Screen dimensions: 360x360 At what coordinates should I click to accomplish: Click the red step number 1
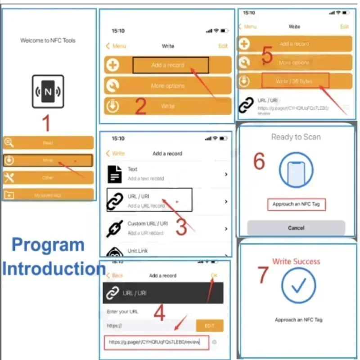click(x=46, y=123)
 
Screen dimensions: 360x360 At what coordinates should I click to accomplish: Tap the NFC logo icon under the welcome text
click(x=48, y=92)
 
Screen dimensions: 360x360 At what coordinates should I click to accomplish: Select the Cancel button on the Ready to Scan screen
click(x=296, y=228)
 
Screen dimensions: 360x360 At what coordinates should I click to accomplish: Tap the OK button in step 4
click(x=214, y=275)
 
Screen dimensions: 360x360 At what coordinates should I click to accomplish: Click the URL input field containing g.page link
click(x=157, y=342)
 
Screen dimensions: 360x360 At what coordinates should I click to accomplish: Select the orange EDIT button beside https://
click(x=210, y=325)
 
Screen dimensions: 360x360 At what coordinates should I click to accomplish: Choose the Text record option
click(x=166, y=174)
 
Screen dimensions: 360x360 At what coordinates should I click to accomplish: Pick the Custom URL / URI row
click(x=166, y=228)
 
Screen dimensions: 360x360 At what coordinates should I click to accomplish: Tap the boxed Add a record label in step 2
click(x=170, y=65)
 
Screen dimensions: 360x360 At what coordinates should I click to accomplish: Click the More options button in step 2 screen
click(x=168, y=85)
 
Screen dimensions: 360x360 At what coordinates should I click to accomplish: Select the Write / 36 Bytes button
click(x=295, y=81)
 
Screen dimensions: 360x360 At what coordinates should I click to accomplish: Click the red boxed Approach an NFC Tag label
click(x=296, y=204)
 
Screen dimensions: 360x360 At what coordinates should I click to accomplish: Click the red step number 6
click(x=259, y=161)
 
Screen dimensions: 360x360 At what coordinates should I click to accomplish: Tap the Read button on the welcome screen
click(x=48, y=143)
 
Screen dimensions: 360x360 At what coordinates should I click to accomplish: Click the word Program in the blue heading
click(x=48, y=245)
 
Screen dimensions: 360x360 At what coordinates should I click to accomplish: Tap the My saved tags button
click(x=48, y=195)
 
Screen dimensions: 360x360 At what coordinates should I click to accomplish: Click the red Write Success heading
click(x=296, y=261)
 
